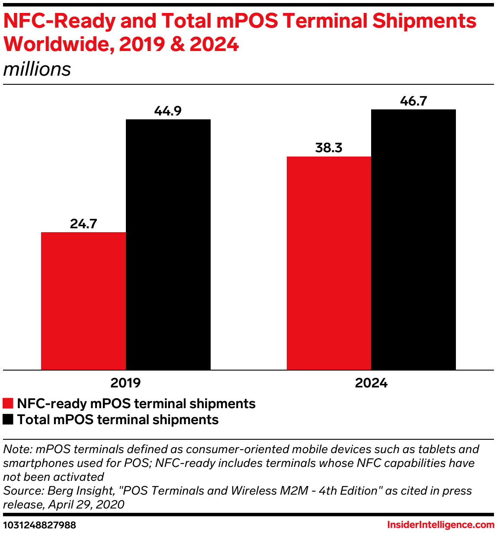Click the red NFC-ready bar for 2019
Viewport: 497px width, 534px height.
[x=83, y=301]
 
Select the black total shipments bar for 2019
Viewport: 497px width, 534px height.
[x=168, y=244]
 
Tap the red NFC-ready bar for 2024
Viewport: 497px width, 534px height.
[x=329, y=263]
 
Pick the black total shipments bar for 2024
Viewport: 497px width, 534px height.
[x=414, y=240]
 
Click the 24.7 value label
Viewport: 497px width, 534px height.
[x=83, y=224]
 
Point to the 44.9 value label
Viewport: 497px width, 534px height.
[x=168, y=111]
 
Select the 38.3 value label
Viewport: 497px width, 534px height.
[x=329, y=148]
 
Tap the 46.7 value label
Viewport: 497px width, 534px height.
[x=414, y=101]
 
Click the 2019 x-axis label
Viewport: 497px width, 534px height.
[x=125, y=383]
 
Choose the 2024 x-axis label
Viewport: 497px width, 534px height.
[x=371, y=383]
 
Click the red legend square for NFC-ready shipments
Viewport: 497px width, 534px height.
[x=8, y=403]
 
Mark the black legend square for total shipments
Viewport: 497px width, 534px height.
[x=8, y=419]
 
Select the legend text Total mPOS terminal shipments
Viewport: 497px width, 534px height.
[x=118, y=419]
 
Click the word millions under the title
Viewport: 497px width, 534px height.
[x=37, y=69]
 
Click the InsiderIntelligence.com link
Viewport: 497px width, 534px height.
[x=440, y=525]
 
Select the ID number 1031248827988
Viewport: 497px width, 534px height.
[x=39, y=525]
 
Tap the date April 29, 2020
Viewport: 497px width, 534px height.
[x=86, y=504]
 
